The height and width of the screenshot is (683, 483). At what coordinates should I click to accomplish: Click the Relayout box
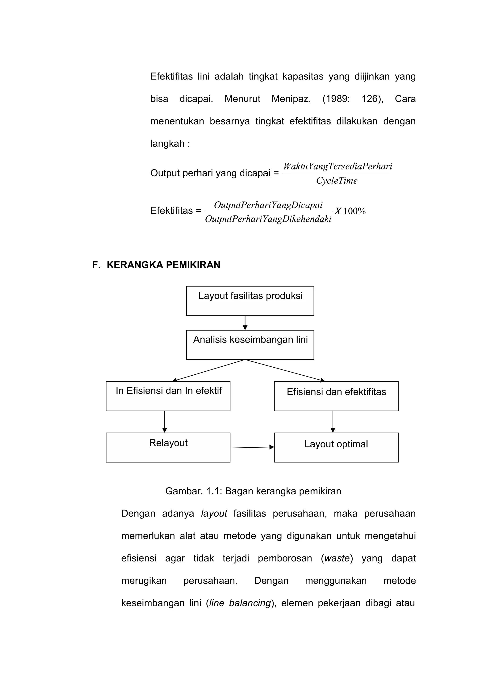coord(168,447)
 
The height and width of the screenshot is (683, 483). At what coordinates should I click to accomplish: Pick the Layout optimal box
coord(336,447)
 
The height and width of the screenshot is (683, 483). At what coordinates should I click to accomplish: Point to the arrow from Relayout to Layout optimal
coord(252,447)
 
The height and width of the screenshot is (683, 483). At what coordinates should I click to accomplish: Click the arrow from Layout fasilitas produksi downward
coord(245,323)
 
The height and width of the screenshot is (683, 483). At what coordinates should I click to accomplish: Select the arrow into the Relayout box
coord(164,422)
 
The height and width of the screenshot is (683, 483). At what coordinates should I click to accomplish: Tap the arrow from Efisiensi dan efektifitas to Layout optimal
coord(333,422)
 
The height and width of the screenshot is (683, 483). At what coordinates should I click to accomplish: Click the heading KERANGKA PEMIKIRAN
coord(163,265)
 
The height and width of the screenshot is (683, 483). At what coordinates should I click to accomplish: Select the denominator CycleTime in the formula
coord(337,180)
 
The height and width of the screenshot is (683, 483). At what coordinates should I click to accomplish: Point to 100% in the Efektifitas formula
coord(354,211)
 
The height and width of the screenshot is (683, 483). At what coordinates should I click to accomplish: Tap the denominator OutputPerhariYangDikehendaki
coord(268,219)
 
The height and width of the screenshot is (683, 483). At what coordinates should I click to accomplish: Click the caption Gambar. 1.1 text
coord(253,491)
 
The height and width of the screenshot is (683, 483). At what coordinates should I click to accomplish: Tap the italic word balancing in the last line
coord(250,603)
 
